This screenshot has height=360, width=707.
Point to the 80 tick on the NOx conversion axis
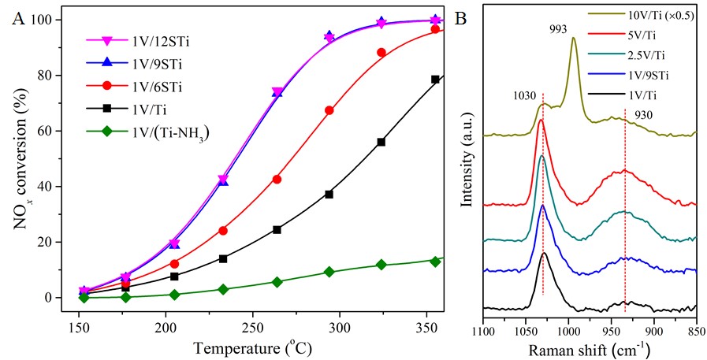pyautogui.click(x=52, y=76)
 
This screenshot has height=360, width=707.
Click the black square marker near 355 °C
pyautogui.click(x=435, y=80)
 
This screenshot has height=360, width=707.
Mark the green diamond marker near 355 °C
pyautogui.click(x=435, y=262)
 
